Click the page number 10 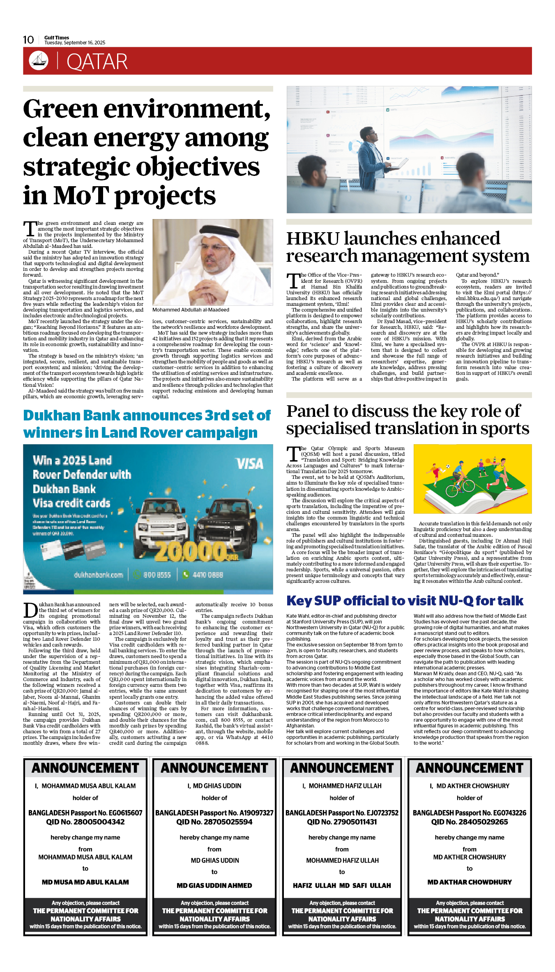pyautogui.click(x=28, y=40)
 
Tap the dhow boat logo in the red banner pyautogui.click(x=39, y=60)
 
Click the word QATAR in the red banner pyautogui.click(x=97, y=62)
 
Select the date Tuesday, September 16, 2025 pyautogui.click(x=75, y=43)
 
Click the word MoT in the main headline pyautogui.click(x=81, y=195)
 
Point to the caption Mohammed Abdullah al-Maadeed pyautogui.click(x=191, y=310)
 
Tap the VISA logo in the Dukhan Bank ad pyautogui.click(x=249, y=464)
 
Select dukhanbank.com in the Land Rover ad pyautogui.click(x=98, y=575)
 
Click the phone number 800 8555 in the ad pyautogui.click(x=157, y=575)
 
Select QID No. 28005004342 pyautogui.click(x=85, y=822)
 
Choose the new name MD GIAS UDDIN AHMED pyautogui.click(x=214, y=885)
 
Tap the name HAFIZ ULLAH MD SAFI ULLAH pyautogui.click(x=342, y=885)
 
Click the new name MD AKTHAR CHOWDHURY pyautogui.click(x=470, y=882)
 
